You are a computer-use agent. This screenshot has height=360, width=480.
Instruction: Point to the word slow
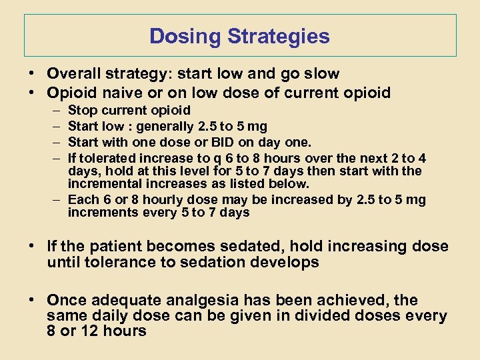point(319,74)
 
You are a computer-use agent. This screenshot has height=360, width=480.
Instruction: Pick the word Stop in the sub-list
point(82,110)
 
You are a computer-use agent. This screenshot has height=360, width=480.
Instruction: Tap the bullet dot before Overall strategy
point(31,74)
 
